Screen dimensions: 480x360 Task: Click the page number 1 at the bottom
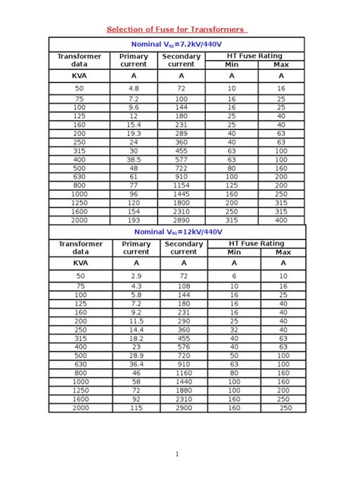(177, 454)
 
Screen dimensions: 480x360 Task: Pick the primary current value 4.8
(134, 88)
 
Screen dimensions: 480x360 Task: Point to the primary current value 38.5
(134, 160)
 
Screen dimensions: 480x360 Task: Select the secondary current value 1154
(181, 185)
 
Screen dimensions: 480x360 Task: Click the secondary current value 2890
(181, 219)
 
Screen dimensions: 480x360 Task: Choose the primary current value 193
(134, 219)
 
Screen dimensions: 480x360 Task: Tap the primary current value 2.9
(136, 275)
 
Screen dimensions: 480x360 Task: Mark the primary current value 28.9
(136, 355)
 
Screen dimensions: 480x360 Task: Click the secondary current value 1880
(183, 390)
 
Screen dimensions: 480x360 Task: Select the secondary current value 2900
(183, 408)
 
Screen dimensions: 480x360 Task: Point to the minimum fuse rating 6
(234, 275)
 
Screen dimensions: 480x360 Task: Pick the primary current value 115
(136, 408)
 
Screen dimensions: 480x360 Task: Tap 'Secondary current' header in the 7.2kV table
(181, 60)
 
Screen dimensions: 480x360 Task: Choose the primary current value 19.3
(134, 133)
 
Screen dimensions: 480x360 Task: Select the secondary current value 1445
(181, 194)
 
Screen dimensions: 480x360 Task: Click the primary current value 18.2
(136, 337)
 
